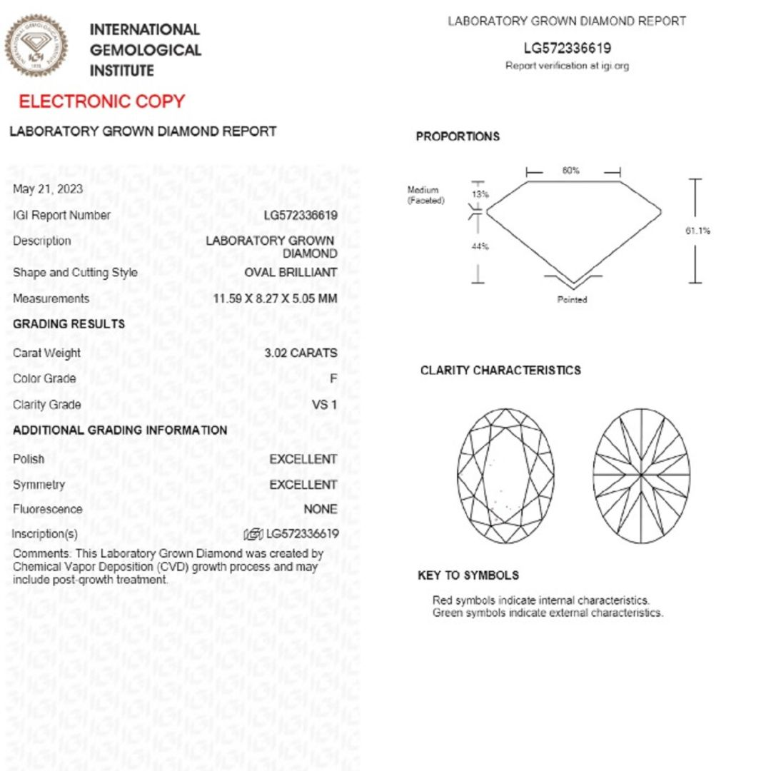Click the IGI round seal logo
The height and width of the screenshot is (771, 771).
(36, 46)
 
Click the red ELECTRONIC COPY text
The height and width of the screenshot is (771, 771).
(101, 101)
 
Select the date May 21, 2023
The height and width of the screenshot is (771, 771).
(48, 189)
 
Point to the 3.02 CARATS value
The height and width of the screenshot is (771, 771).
(301, 353)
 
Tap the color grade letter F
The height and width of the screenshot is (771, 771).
(333, 378)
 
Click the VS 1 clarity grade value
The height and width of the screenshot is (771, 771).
(325, 405)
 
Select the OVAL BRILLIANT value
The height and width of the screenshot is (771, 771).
(291, 273)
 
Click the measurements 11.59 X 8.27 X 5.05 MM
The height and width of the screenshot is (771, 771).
(275, 298)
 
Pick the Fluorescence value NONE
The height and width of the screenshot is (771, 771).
(321, 510)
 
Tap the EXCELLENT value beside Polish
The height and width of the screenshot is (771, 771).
(303, 459)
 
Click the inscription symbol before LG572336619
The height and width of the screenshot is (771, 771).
(253, 534)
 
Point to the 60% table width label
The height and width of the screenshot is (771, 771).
(571, 171)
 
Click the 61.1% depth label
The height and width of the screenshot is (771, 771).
(697, 231)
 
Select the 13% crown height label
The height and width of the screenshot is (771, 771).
(480, 194)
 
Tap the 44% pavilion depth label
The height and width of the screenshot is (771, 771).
(480, 247)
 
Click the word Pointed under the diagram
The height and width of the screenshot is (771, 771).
(572, 300)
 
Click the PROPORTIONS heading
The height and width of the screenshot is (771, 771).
(458, 136)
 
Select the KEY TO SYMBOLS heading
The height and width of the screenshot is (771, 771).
(468, 575)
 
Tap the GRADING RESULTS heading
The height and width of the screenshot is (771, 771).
(69, 324)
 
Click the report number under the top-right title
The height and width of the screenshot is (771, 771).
(567, 49)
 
